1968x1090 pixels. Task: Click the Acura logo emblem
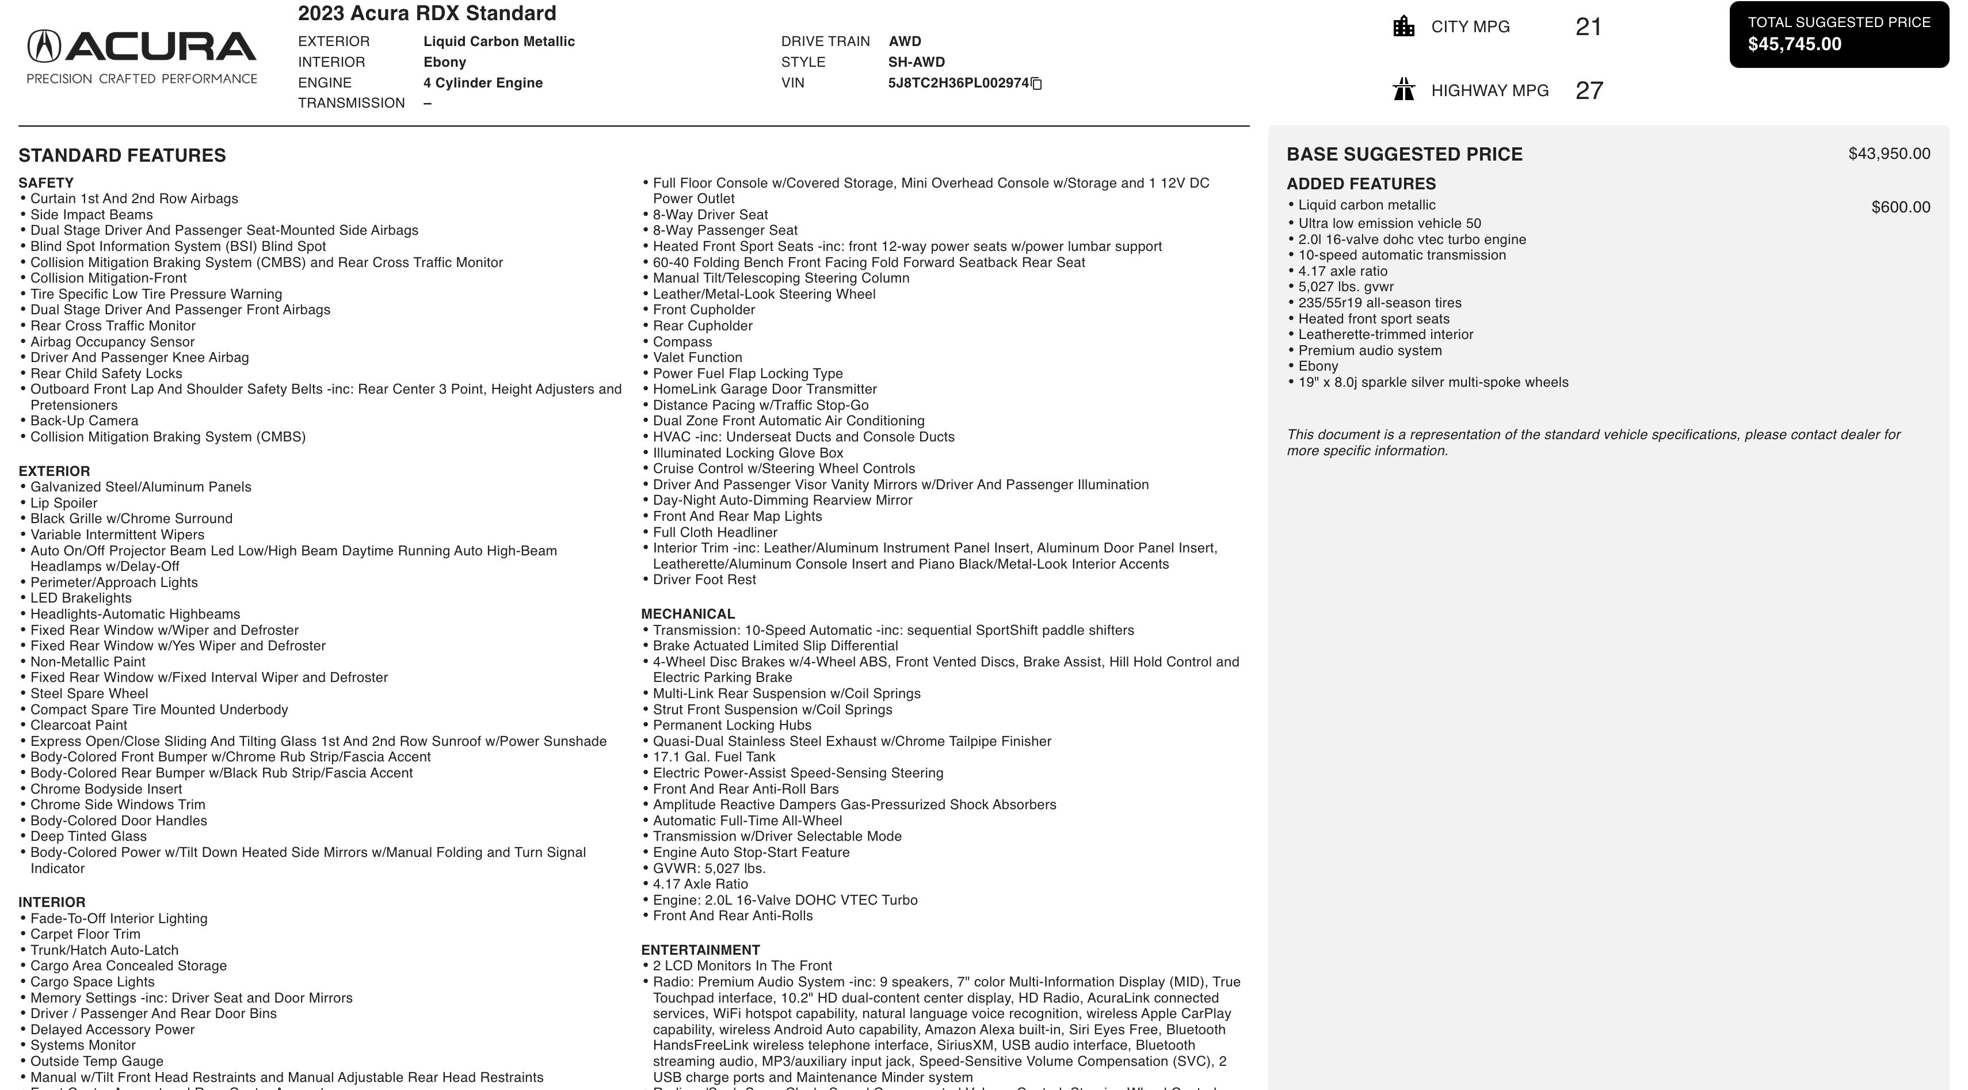[44, 46]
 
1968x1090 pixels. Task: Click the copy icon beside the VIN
[1037, 83]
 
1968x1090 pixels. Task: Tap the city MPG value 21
[1588, 26]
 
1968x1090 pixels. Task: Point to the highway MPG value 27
[1588, 91]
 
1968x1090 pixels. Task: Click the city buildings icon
[1403, 26]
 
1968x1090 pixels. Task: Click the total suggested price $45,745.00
[1795, 44]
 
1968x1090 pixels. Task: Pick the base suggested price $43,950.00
[1889, 154]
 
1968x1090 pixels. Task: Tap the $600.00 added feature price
[1900, 208]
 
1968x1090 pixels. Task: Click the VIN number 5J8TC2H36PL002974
[958, 83]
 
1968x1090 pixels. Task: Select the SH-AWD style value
[916, 63]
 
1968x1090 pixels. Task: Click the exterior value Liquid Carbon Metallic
[499, 42]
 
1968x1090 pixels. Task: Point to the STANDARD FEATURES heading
[122, 156]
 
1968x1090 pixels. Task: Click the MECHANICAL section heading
[688, 614]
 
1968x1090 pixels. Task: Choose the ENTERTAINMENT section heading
[700, 950]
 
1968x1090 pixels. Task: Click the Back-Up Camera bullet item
[84, 421]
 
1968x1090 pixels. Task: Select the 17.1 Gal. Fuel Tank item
[714, 757]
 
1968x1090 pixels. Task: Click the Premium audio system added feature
[1370, 350]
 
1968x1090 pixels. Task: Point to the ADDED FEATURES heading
[1361, 184]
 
